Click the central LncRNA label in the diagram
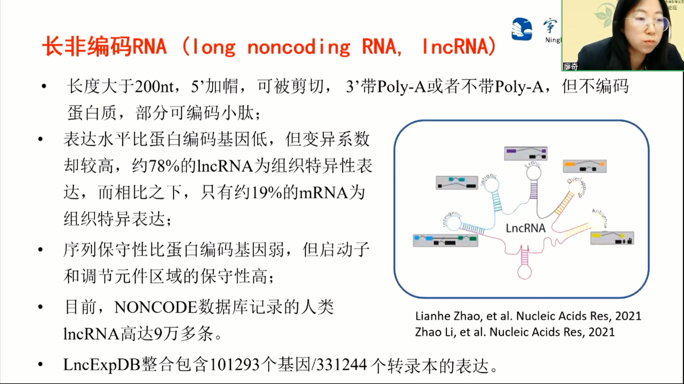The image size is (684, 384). (x=525, y=228)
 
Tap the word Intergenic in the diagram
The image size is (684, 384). (x=451, y=219)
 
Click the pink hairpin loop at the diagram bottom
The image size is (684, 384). (x=525, y=272)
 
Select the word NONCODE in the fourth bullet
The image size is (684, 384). (x=155, y=308)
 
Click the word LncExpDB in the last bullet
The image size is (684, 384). (x=102, y=365)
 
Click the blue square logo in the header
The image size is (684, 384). (x=522, y=29)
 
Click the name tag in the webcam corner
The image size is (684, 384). (x=571, y=66)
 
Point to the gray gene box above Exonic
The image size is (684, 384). (x=525, y=154)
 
